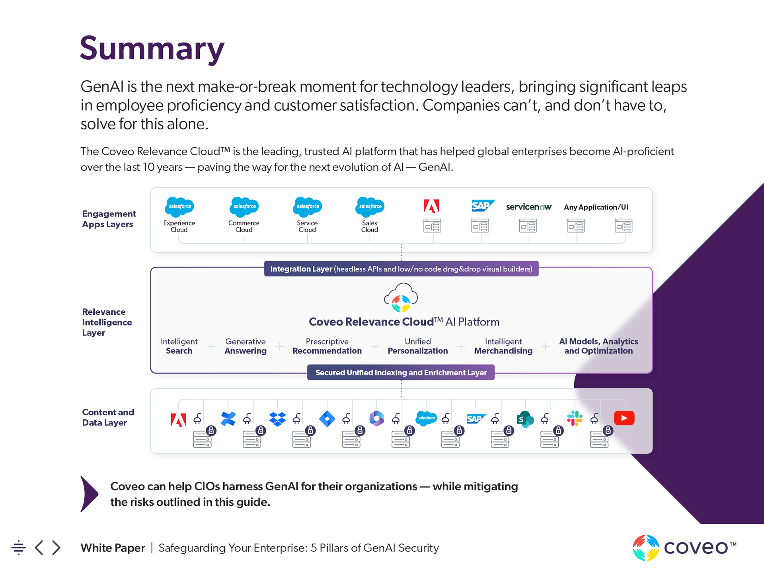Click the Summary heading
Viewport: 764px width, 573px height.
(152, 49)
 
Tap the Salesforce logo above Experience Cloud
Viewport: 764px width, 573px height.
(179, 207)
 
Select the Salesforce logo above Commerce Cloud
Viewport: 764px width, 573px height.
(244, 207)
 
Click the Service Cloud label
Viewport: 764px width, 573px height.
(307, 226)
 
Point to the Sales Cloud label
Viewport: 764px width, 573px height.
(370, 226)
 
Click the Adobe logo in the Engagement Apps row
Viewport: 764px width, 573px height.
(432, 206)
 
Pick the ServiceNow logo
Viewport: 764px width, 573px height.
(529, 207)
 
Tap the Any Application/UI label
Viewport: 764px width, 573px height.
(596, 207)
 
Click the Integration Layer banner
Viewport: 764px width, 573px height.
(401, 269)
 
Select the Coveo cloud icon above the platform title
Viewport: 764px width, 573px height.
(401, 298)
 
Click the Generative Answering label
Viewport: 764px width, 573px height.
(246, 346)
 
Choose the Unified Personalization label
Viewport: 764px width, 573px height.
(418, 346)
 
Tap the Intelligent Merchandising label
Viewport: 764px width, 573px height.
(503, 346)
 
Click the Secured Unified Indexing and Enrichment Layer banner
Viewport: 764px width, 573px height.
(401, 372)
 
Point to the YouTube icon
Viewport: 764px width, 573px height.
(624, 418)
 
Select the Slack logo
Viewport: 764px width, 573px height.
(575, 418)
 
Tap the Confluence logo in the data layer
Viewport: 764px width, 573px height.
(228, 419)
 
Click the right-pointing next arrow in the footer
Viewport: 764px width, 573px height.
(57, 548)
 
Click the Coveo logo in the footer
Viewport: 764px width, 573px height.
(684, 548)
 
